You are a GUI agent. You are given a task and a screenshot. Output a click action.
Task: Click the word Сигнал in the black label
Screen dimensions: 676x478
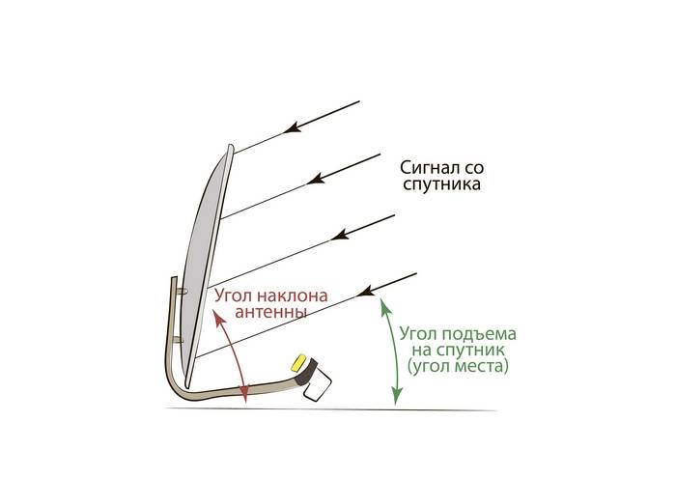point(423,167)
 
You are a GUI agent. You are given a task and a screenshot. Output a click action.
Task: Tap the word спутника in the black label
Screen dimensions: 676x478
point(441,184)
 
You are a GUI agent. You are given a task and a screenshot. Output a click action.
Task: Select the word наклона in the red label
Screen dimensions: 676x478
point(292,295)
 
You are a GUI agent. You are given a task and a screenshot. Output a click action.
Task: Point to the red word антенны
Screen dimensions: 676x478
point(270,312)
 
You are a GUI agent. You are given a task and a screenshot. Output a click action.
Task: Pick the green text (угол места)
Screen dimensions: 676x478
point(458,367)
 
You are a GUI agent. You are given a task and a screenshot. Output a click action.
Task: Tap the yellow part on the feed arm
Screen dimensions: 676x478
point(298,362)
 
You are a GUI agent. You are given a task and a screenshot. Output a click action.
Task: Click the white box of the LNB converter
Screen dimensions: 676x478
point(318,385)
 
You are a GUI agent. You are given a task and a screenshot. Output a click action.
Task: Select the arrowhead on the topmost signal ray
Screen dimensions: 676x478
point(292,127)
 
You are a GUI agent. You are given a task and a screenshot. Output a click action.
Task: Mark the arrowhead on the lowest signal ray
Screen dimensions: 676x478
point(366,291)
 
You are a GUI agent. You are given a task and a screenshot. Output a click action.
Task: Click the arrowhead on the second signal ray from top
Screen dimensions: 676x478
point(316,178)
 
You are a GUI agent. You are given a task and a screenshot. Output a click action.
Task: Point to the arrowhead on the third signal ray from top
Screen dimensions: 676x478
point(340,234)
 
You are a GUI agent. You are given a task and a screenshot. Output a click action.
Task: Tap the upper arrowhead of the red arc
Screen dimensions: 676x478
point(219,317)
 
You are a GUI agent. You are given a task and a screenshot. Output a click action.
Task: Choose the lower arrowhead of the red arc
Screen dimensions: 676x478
point(244,394)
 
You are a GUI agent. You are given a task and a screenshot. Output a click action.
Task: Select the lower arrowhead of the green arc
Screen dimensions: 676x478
point(397,396)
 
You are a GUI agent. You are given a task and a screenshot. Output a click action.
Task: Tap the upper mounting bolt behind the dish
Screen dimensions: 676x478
point(182,292)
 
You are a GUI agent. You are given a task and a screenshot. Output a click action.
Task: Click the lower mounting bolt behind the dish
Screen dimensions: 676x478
point(178,340)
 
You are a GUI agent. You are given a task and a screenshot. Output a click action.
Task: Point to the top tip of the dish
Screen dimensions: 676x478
point(231,146)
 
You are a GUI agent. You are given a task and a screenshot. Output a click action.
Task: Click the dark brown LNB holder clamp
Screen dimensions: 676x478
point(307,371)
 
